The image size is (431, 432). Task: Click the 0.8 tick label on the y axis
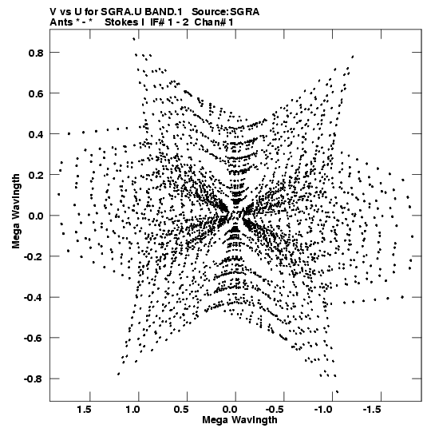coord(36,53)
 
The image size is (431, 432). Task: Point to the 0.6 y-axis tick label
coord(36,93)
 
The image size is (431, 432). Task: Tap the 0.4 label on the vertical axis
coord(36,134)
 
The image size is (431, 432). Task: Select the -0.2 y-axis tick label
coord(34,256)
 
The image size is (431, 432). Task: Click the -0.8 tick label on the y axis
coord(34,378)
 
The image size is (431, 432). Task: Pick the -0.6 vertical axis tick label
coord(34,338)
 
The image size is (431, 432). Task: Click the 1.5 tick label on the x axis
coord(84,410)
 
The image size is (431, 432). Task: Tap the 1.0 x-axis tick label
coord(132,410)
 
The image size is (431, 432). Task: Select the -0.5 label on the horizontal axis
coord(275,410)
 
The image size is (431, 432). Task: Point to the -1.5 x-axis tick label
coord(373,410)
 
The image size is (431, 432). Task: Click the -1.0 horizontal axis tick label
coord(324,410)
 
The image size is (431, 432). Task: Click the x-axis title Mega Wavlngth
coord(239,420)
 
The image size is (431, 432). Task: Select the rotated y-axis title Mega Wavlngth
coord(16,212)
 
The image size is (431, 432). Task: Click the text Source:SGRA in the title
coord(226,12)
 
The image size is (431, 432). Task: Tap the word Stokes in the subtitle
coord(122,22)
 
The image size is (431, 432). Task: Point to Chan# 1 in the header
coord(214,22)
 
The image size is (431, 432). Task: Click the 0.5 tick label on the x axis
coord(181,410)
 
